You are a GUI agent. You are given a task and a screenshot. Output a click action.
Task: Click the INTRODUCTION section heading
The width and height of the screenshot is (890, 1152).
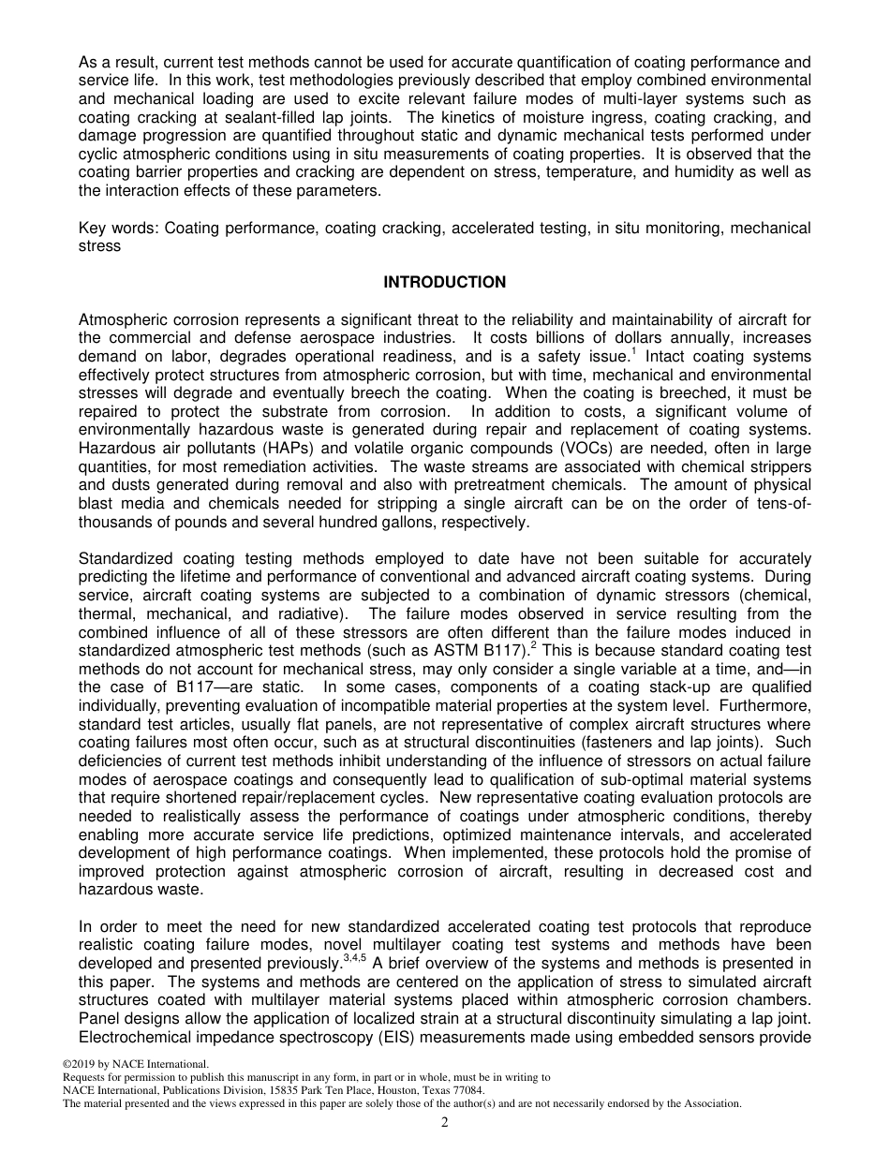point(444,282)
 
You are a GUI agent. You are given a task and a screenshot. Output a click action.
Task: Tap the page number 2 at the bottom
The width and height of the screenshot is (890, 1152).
point(445,1122)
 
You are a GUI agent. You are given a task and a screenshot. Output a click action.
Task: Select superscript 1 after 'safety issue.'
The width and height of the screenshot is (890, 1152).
point(633,352)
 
